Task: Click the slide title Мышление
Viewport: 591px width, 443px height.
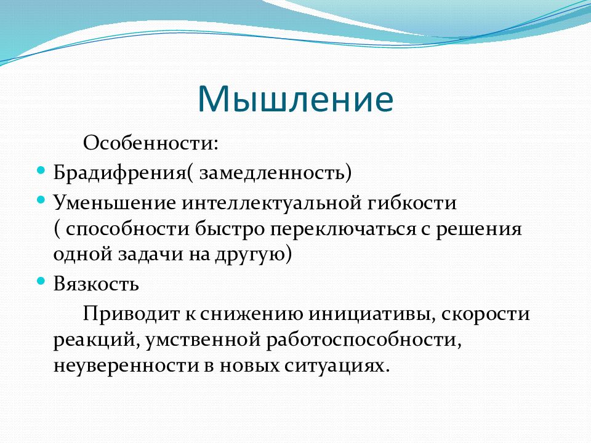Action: click(295, 98)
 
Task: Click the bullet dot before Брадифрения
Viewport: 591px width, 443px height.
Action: click(41, 170)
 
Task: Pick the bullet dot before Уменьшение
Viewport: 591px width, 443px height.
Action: click(41, 199)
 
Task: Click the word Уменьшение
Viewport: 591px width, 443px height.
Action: click(115, 202)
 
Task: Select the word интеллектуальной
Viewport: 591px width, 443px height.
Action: click(271, 204)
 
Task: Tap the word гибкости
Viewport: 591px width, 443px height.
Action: click(411, 202)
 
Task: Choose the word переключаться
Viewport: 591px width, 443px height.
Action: click(343, 229)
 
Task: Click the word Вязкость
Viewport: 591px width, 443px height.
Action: click(96, 284)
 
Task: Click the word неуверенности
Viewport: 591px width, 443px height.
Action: click(126, 365)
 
